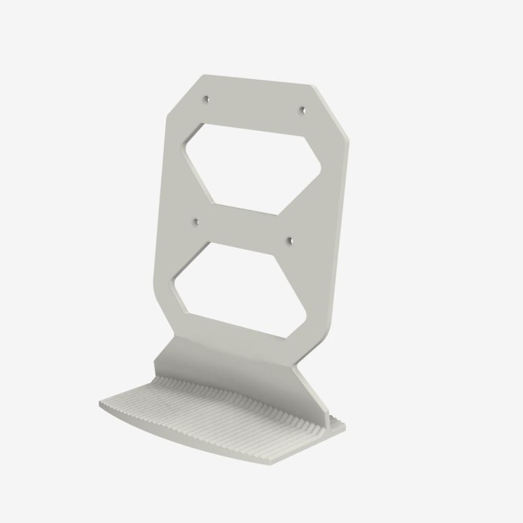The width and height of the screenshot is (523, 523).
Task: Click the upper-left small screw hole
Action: click(x=206, y=99)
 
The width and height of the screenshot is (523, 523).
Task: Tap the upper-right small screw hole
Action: click(x=302, y=110)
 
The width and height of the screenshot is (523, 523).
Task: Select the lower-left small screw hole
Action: click(x=195, y=223)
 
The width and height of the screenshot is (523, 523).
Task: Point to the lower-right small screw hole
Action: click(x=290, y=240)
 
